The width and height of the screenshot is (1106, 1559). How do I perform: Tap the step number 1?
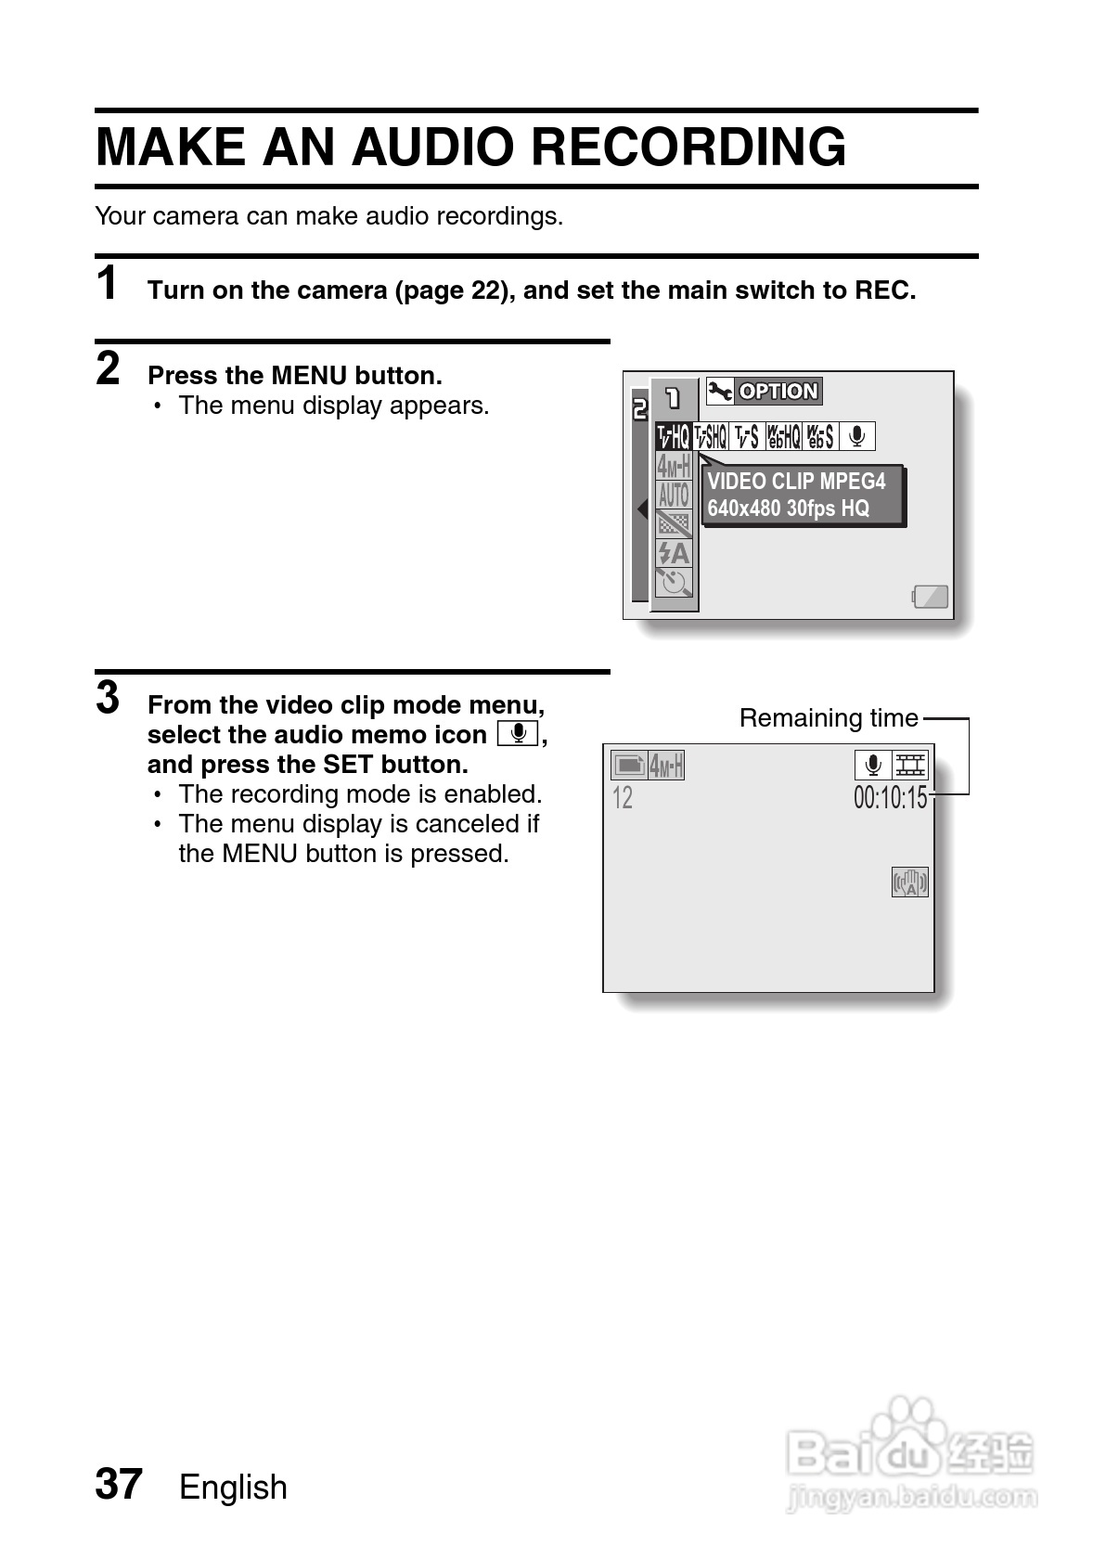coord(109,283)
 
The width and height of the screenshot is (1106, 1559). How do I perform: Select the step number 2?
coord(109,368)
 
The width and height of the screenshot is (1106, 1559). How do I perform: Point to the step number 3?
coord(109,698)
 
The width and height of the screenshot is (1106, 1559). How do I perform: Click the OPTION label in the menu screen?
coord(778,392)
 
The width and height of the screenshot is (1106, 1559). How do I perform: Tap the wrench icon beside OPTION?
coord(719,392)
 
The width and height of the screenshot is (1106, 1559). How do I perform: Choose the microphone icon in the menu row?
coord(857,436)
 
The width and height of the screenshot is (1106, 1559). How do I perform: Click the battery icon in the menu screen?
coord(930,597)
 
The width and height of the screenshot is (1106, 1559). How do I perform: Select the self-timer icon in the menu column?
coord(675,583)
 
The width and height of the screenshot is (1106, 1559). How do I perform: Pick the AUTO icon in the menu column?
coord(675,495)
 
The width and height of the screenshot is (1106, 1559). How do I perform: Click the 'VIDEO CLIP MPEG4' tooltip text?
coord(796,482)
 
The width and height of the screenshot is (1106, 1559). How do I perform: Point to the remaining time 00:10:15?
coord(890,797)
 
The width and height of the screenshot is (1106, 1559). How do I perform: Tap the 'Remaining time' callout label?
coord(828,718)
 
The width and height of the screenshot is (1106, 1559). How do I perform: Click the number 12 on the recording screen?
coord(623,798)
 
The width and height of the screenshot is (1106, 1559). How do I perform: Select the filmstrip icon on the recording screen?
coord(909,766)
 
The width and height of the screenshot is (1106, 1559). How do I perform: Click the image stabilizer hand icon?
coord(909,883)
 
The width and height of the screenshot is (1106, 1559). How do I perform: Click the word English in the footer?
coord(233,1488)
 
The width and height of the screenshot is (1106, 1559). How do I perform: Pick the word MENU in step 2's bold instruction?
coord(309,376)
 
